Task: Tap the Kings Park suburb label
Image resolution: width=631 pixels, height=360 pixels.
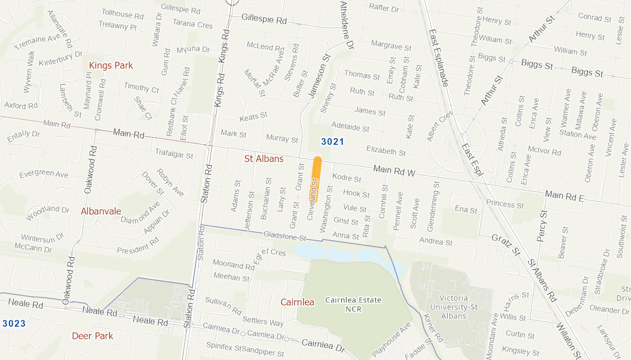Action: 111,65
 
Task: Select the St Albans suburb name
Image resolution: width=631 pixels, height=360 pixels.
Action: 264,159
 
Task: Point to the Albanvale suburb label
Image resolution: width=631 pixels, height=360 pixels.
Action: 101,211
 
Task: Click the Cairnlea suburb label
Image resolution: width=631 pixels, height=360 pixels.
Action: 297,302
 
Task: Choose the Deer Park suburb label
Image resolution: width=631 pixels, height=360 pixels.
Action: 92,336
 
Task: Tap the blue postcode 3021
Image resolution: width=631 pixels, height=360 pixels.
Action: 333,142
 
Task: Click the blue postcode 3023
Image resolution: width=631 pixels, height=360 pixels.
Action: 14,323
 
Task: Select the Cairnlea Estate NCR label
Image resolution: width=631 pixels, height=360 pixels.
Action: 353,304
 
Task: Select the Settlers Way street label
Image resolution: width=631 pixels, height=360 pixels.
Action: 263,321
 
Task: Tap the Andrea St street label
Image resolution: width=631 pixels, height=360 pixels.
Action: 436,242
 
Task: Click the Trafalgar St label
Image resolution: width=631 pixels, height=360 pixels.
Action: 174,154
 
